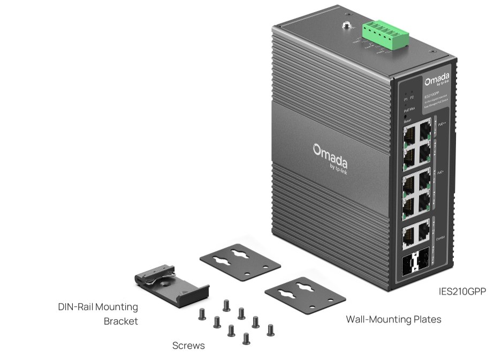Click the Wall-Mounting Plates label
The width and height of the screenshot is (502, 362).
click(393, 320)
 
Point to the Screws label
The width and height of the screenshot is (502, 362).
click(188, 346)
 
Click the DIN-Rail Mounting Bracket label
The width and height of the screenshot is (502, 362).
click(98, 314)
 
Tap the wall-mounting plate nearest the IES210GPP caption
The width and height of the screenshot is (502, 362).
click(305, 295)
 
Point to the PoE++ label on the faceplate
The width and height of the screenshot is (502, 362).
click(442, 124)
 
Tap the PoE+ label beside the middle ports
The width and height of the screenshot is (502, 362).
click(440, 173)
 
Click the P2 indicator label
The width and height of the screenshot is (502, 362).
click(412, 99)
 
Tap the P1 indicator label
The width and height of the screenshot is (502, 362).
click(406, 99)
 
